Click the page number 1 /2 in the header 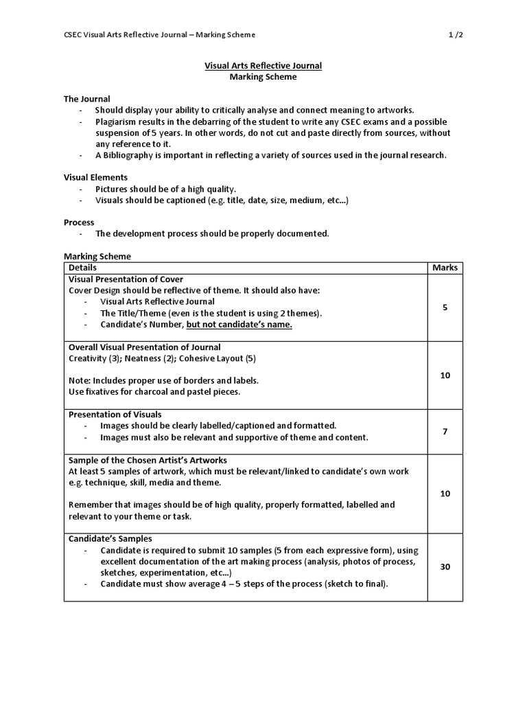click(x=455, y=34)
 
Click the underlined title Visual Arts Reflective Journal click(x=263, y=65)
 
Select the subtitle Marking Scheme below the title click(x=263, y=77)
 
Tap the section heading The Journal click(x=87, y=99)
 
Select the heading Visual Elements click(x=96, y=177)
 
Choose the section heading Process click(x=79, y=222)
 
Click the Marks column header click(x=445, y=268)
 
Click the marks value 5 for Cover click(x=445, y=308)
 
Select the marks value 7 click(x=445, y=431)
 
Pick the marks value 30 click(x=445, y=566)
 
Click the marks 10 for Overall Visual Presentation click(x=445, y=375)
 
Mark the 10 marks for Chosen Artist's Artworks click(x=445, y=493)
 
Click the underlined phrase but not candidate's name click(x=239, y=325)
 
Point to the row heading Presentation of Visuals click(x=115, y=414)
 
